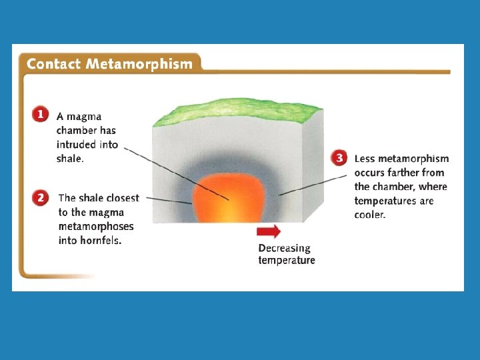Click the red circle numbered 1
[41, 114]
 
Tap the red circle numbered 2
[41, 198]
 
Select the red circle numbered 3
[339, 158]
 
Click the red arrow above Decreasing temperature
[269, 231]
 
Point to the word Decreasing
[285, 248]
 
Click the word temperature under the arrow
[287, 260]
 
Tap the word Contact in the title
[53, 64]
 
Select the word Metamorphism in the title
[139, 64]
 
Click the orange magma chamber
[229, 198]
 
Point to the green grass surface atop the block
[238, 111]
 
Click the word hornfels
[101, 240]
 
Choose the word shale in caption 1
[70, 159]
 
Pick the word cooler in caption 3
[370, 215]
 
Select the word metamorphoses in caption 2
[96, 227]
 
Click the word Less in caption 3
[365, 159]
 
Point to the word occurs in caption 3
[369, 173]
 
